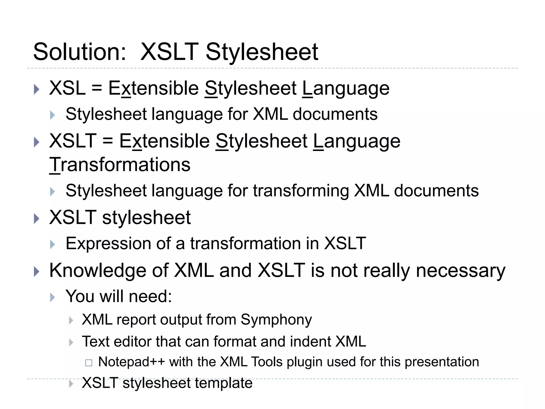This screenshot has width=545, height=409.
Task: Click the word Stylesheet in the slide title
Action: [262, 52]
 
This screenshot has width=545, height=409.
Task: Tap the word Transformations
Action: [120, 165]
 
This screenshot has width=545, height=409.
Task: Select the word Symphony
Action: [276, 320]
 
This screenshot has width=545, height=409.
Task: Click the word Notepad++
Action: [131, 362]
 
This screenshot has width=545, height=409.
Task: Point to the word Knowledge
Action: [98, 271]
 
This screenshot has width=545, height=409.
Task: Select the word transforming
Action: [301, 191]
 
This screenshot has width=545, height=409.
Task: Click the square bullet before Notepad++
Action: [89, 363]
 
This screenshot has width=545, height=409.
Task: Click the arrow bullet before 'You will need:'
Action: [52, 297]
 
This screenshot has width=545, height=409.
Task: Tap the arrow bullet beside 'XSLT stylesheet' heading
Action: [37, 219]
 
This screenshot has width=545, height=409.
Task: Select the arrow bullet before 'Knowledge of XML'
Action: [37, 272]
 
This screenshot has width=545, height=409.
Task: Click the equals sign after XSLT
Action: [108, 141]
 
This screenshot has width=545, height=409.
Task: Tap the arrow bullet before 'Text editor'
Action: [71, 342]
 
